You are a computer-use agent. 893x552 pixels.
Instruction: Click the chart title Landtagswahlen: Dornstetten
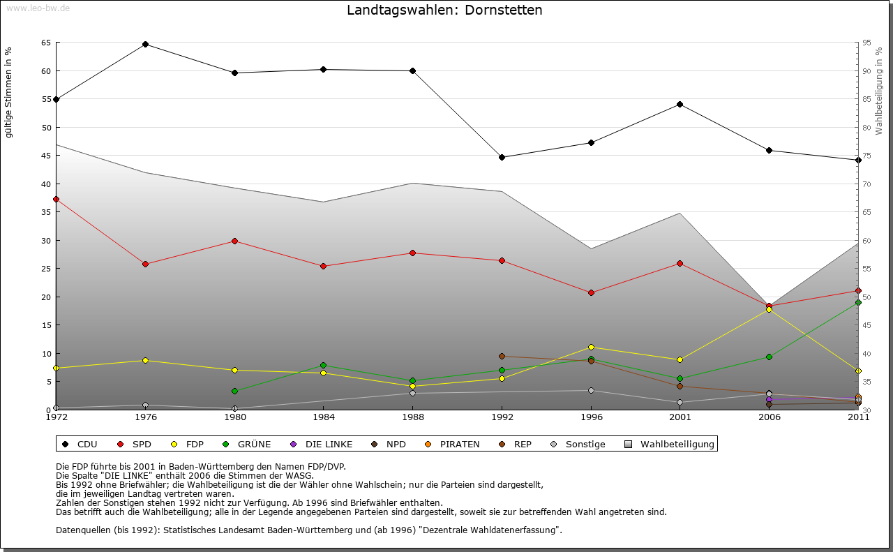point(444,10)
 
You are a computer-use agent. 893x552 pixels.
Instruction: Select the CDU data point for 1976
point(145,44)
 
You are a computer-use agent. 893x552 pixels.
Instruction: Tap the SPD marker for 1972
point(56,199)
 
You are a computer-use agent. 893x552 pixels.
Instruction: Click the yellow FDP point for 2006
point(769,309)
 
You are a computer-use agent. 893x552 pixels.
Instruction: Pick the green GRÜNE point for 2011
point(858,302)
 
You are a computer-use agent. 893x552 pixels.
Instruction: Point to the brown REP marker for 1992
point(502,356)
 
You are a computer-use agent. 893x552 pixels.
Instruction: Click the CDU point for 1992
point(502,157)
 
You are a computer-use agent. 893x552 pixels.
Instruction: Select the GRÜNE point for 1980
point(234,391)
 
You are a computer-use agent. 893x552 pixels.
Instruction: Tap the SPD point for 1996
point(591,292)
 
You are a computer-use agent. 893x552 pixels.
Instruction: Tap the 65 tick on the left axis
point(45,43)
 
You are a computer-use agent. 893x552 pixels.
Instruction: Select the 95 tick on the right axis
point(866,43)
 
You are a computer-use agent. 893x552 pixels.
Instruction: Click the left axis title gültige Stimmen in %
point(9,92)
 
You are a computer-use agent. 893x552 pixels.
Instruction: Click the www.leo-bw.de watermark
point(38,8)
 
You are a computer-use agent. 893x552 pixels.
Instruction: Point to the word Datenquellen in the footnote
point(83,530)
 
